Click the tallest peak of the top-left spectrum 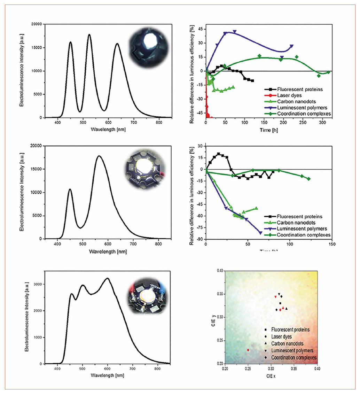[x=89, y=34]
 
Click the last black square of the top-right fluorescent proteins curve [x=252, y=80]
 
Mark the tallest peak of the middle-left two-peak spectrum [x=99, y=156]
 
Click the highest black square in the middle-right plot [x=218, y=154]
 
